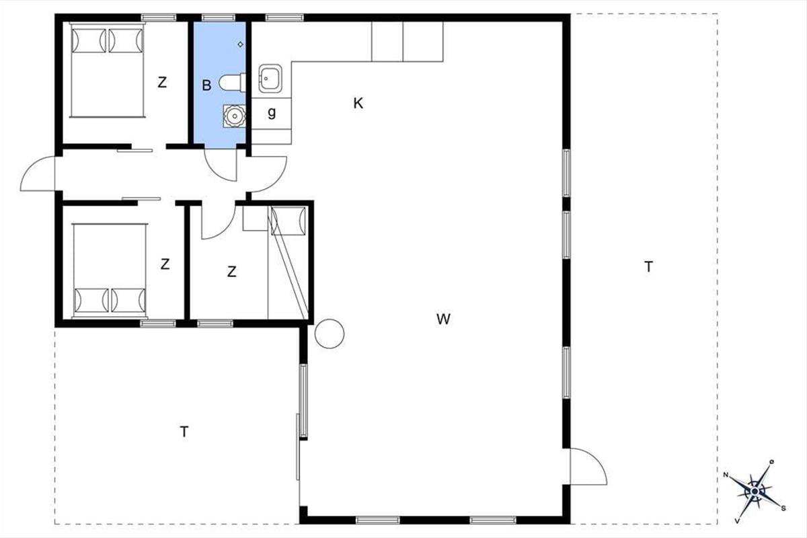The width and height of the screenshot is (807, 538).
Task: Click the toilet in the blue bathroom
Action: tap(233, 83)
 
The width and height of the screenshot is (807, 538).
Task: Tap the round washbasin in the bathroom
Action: tap(234, 116)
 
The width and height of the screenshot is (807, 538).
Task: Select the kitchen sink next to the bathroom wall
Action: tap(270, 78)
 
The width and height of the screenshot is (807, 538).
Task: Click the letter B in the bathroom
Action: tap(206, 85)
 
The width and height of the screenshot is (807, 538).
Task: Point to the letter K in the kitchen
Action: tap(358, 104)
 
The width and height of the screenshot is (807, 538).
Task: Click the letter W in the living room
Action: tap(443, 319)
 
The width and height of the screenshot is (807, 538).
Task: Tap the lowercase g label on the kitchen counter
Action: tap(272, 113)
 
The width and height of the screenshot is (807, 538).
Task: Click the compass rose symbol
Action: tap(755, 491)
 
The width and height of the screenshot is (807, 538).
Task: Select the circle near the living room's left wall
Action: tap(330, 334)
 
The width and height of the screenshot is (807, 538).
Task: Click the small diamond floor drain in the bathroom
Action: tap(240, 44)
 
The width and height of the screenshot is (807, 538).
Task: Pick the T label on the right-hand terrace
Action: tap(648, 267)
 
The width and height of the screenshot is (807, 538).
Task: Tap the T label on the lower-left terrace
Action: tap(184, 431)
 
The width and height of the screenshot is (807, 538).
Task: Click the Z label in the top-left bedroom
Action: tap(162, 83)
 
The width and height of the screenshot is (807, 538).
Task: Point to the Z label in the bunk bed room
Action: tap(231, 272)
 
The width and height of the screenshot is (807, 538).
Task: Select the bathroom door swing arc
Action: tap(216, 173)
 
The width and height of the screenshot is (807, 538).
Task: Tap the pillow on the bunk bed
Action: tap(289, 221)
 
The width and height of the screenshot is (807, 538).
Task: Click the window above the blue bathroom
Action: tap(219, 17)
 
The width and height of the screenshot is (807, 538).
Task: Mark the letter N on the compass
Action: tap(726, 475)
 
